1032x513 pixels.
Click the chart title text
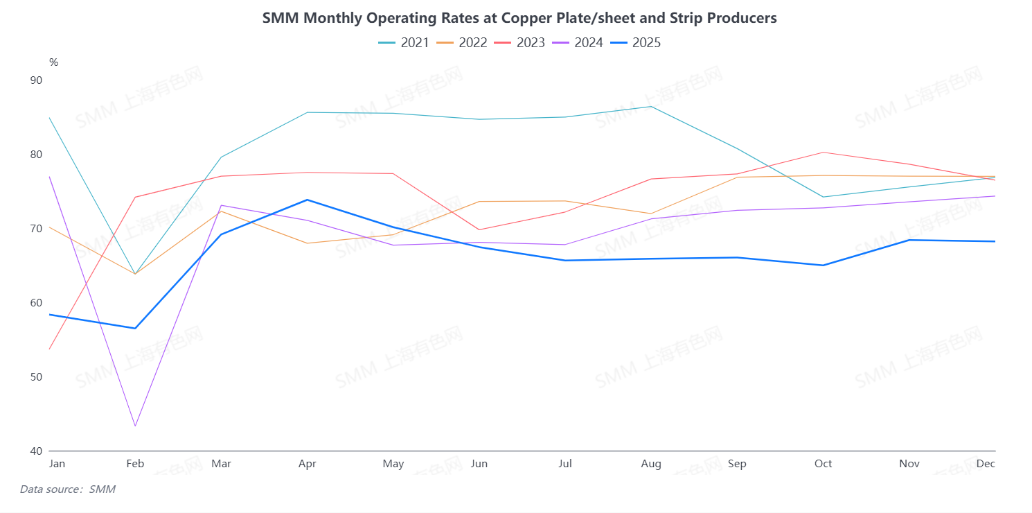coord(519,18)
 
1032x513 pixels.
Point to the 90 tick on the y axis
coord(36,80)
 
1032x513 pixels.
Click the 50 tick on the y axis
coord(36,377)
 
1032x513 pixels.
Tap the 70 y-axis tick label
coord(36,229)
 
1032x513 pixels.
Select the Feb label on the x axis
coord(135,464)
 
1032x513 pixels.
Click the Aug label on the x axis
coord(651,464)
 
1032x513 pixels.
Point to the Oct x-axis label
coord(823,464)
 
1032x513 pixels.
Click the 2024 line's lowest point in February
coord(135,426)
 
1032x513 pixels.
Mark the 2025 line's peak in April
coord(307,200)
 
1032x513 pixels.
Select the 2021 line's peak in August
coord(651,106)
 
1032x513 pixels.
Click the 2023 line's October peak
coord(823,152)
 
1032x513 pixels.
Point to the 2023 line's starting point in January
coord(50,349)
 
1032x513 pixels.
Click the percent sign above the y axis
coord(53,62)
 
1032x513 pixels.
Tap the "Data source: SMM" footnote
coord(67,489)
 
